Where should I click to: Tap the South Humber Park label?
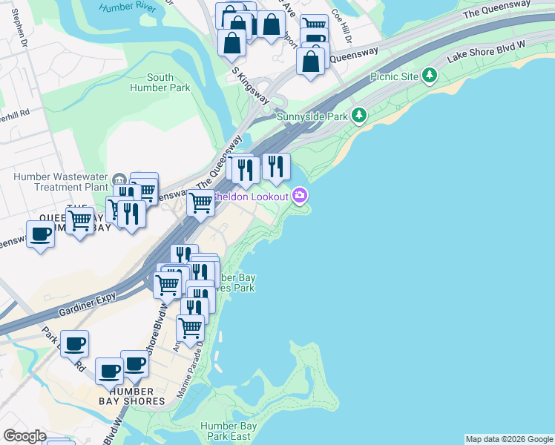click(x=160, y=82)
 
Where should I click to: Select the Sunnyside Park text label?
click(x=312, y=116)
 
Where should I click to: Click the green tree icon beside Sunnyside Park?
click(x=359, y=115)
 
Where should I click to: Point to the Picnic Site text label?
click(x=394, y=76)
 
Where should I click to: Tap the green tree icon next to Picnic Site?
click(x=429, y=75)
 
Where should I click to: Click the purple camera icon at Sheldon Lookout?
click(x=300, y=195)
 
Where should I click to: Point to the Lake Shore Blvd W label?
click(x=485, y=53)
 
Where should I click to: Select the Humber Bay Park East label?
click(x=229, y=431)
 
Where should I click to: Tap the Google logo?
click(x=24, y=436)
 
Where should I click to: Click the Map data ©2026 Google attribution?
click(x=509, y=439)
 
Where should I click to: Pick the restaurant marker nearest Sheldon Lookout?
click(x=276, y=166)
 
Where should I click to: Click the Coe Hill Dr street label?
click(x=341, y=26)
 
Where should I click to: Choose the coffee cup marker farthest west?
click(x=40, y=234)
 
